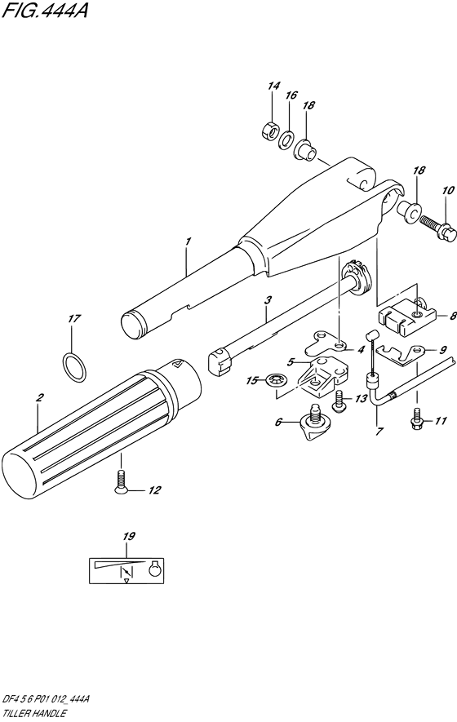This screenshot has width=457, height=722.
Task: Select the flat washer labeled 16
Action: (x=288, y=140)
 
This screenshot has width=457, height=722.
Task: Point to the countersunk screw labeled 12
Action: (x=121, y=481)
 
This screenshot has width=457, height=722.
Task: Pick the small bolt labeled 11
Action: (x=416, y=420)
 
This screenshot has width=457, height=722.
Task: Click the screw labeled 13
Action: (x=339, y=399)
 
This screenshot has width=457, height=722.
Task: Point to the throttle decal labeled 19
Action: (x=126, y=570)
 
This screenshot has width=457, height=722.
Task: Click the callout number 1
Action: (x=188, y=241)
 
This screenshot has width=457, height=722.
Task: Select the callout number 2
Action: (x=40, y=398)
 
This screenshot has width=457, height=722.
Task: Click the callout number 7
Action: (x=379, y=432)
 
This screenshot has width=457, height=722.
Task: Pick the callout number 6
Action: (x=278, y=421)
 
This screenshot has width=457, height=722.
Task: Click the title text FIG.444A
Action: (x=45, y=10)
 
